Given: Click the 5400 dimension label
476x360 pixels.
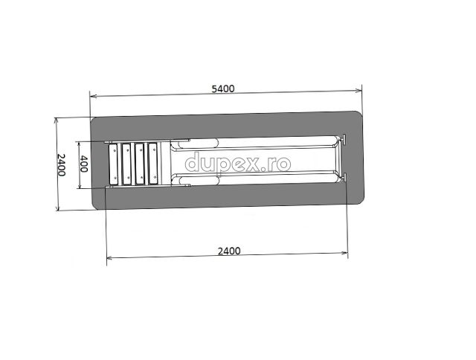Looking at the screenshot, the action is tap(223, 89).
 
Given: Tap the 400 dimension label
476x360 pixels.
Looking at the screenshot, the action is tap(83, 164).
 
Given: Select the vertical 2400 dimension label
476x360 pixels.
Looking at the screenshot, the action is tap(61, 165).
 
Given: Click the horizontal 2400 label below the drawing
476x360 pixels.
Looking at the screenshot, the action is tap(229, 251).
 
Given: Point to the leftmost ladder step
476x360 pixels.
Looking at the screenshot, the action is tap(113, 164).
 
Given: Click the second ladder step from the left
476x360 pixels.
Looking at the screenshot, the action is tap(126, 164).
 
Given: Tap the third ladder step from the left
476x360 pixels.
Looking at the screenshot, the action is tap(139, 164).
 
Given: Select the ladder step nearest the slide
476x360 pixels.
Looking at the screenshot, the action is tap(153, 164).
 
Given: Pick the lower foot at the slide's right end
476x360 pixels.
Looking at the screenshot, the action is tap(344, 177).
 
